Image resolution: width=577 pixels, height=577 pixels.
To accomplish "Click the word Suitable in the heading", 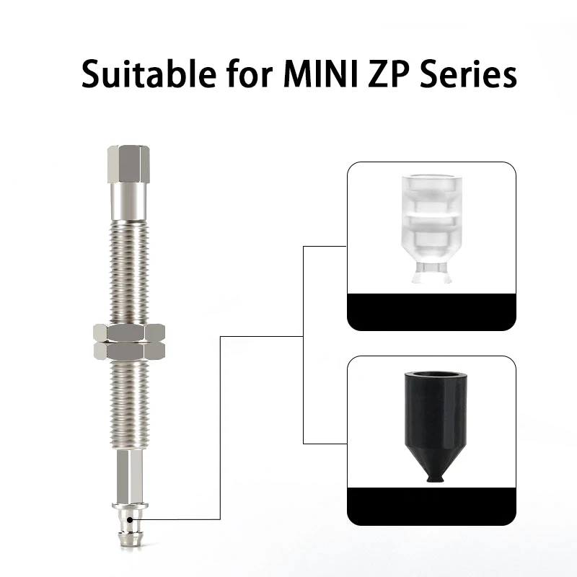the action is click(149, 74).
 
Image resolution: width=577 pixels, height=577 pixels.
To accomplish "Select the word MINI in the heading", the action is click(321, 74).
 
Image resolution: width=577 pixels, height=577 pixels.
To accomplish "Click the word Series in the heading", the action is click(468, 74).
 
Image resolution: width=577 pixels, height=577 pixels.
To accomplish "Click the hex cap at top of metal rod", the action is click(128, 164).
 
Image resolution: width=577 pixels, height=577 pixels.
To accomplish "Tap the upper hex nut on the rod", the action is click(129, 333).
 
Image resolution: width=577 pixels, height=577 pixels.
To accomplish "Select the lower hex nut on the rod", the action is click(129, 351).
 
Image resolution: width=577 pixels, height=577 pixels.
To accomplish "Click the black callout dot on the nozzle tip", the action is click(130, 519).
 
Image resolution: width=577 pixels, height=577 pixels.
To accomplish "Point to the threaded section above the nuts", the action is click(129, 273).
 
